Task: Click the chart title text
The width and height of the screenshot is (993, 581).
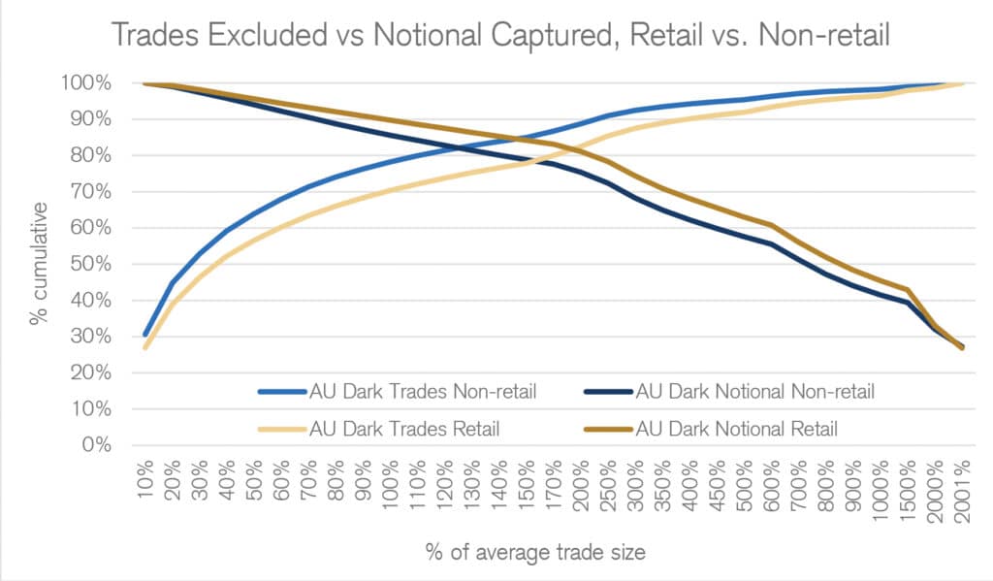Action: [501, 35]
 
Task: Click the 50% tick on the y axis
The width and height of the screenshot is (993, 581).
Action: [95, 265]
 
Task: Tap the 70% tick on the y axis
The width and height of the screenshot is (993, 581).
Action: [95, 192]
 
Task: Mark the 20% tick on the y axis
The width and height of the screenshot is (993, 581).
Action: [95, 373]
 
